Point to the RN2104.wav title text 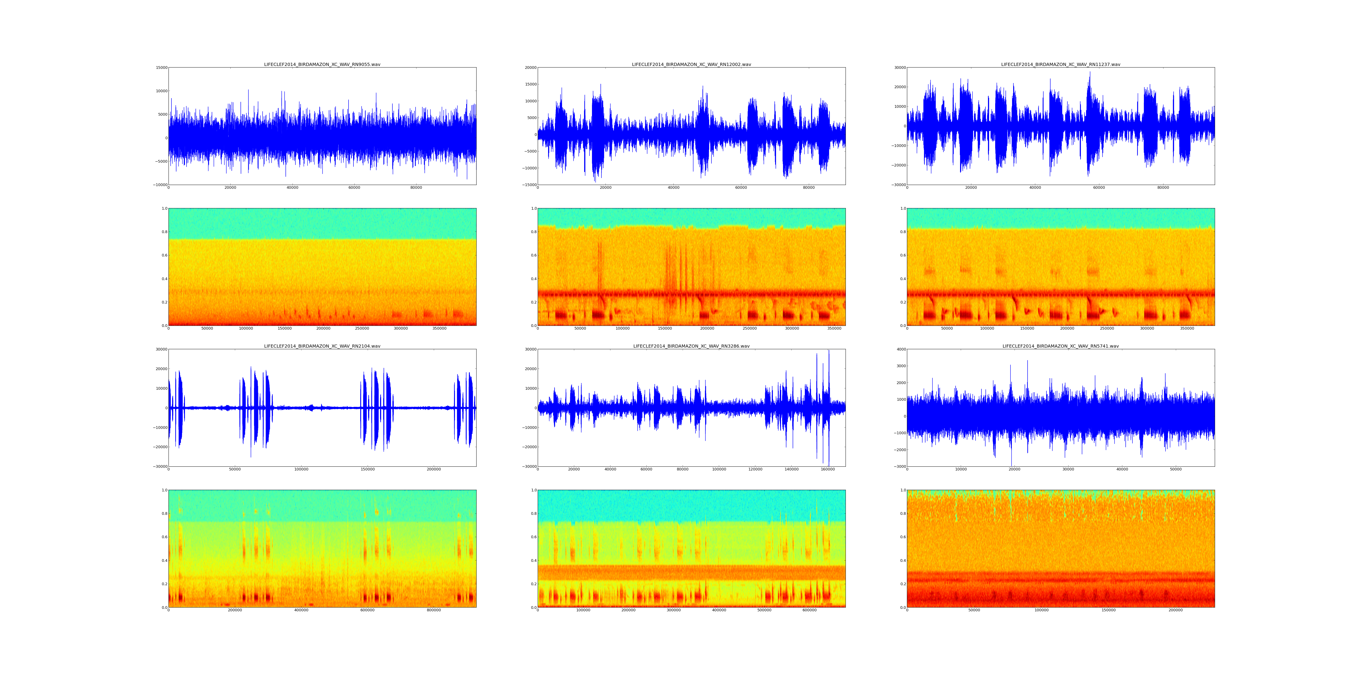[322, 346]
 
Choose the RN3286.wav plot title [691, 346]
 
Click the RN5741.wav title [1060, 346]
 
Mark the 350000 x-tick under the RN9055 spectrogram [439, 328]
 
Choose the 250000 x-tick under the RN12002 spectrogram [749, 328]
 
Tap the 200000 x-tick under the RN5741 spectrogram [1175, 610]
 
